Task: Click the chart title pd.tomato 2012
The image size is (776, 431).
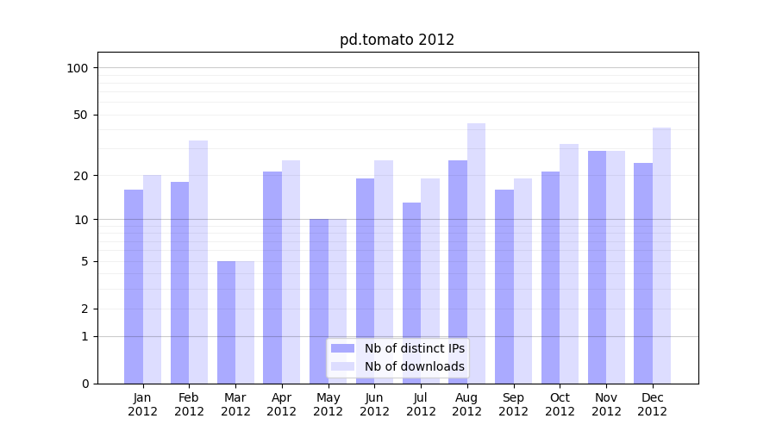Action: (397, 40)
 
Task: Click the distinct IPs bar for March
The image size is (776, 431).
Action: (226, 322)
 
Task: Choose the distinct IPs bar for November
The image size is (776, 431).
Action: (597, 267)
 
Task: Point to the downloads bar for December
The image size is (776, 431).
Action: (662, 255)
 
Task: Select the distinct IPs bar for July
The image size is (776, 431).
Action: (411, 293)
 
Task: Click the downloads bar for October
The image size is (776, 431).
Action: (569, 264)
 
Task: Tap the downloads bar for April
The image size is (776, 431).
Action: (291, 272)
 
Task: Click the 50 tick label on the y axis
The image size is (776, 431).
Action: (82, 115)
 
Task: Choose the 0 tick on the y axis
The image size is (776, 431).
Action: (84, 384)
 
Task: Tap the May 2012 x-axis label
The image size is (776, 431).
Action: (328, 404)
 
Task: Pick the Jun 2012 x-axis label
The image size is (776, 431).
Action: (374, 404)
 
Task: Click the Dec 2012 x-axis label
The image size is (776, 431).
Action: (653, 404)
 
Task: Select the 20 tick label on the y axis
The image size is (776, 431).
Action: (82, 176)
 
